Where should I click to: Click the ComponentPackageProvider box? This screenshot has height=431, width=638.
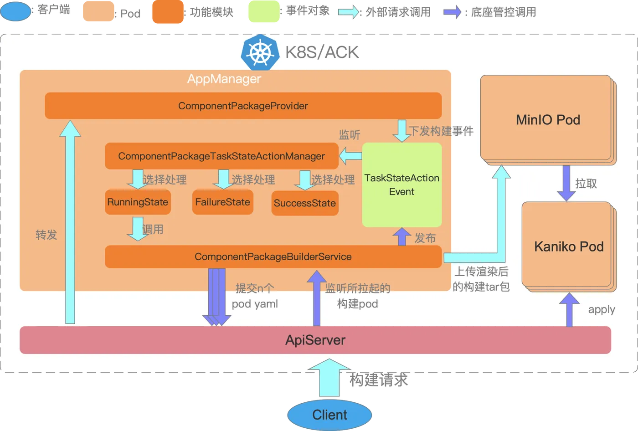tap(243, 106)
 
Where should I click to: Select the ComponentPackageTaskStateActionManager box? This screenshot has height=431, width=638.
tap(221, 156)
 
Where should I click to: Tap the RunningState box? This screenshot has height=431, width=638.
tap(138, 202)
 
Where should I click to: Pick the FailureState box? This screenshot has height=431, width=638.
tap(222, 202)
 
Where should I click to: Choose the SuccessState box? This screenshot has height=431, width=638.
tap(305, 203)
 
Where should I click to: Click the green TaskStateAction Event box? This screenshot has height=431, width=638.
tap(401, 185)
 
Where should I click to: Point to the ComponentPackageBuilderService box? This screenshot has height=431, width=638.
tap(273, 257)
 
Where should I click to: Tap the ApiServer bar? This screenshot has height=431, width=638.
tap(315, 340)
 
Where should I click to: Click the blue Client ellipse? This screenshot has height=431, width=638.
tap(329, 415)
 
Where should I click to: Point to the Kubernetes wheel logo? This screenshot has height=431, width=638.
tap(260, 52)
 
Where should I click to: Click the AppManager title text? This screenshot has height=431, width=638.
tap(224, 79)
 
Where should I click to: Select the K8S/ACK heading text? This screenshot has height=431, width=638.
tap(322, 52)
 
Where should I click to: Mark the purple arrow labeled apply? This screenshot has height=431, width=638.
tap(569, 310)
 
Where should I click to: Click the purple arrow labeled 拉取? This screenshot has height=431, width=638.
tap(566, 183)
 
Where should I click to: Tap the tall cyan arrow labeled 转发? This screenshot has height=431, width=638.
tap(70, 223)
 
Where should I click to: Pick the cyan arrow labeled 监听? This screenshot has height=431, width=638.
tap(350, 156)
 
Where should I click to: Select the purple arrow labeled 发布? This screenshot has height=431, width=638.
tap(401, 236)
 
